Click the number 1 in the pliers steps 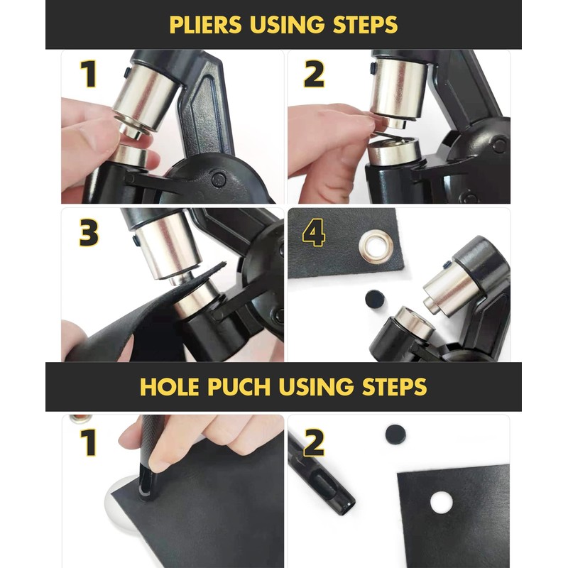click(x=88, y=75)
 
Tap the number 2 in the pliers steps click(x=314, y=75)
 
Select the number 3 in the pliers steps click(x=88, y=234)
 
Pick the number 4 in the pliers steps click(x=314, y=234)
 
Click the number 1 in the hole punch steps click(x=88, y=442)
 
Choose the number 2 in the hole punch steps click(x=314, y=442)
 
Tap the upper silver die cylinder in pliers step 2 click(x=396, y=89)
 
